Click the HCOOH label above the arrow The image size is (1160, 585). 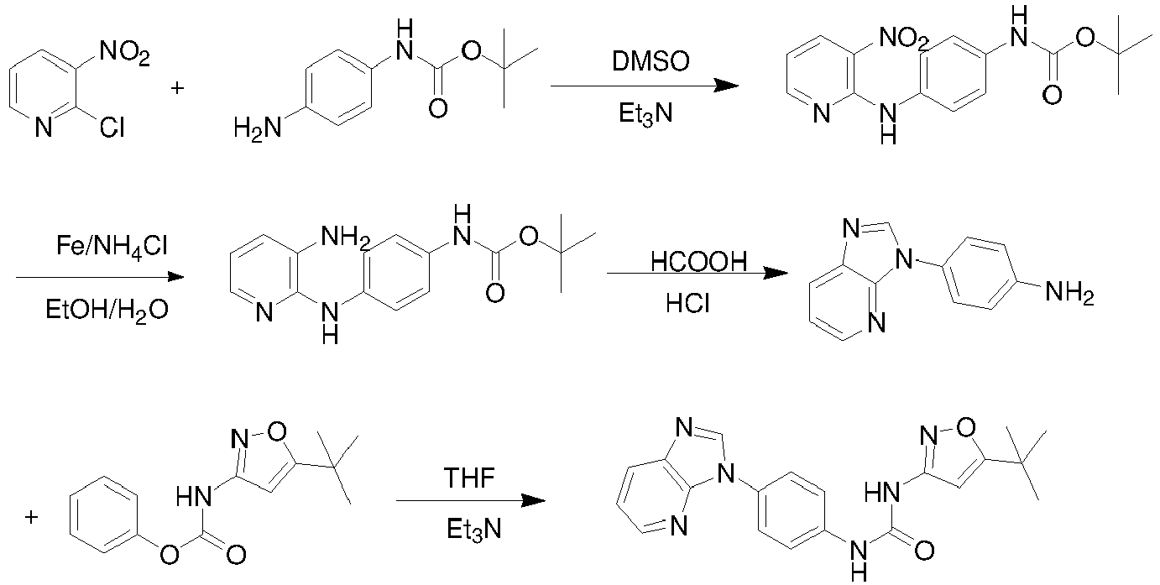(698, 263)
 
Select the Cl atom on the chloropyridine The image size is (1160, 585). (111, 128)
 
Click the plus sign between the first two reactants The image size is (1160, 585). (177, 87)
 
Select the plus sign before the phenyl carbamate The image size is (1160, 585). (32, 517)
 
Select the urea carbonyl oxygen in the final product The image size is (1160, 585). (925, 552)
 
